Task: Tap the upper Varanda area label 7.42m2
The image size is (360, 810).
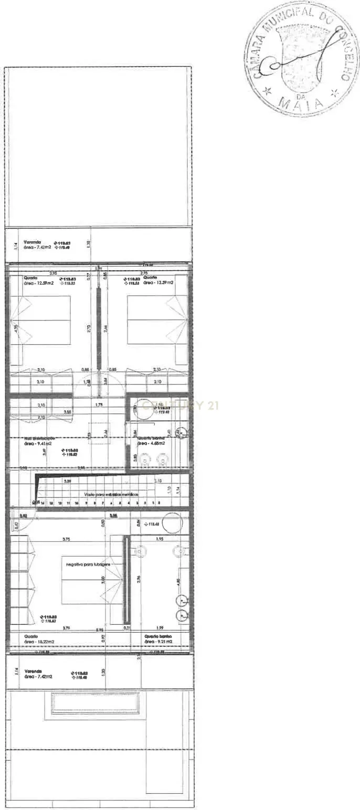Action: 37,247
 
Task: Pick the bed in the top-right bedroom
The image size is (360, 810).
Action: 150,320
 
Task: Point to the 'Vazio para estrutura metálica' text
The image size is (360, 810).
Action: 110,494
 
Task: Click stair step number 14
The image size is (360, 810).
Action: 43,503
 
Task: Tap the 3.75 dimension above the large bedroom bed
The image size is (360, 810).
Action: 66,539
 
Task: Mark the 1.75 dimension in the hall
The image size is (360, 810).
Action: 99,404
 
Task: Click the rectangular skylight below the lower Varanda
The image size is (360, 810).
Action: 95,704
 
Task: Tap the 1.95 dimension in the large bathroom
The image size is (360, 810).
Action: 160,539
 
